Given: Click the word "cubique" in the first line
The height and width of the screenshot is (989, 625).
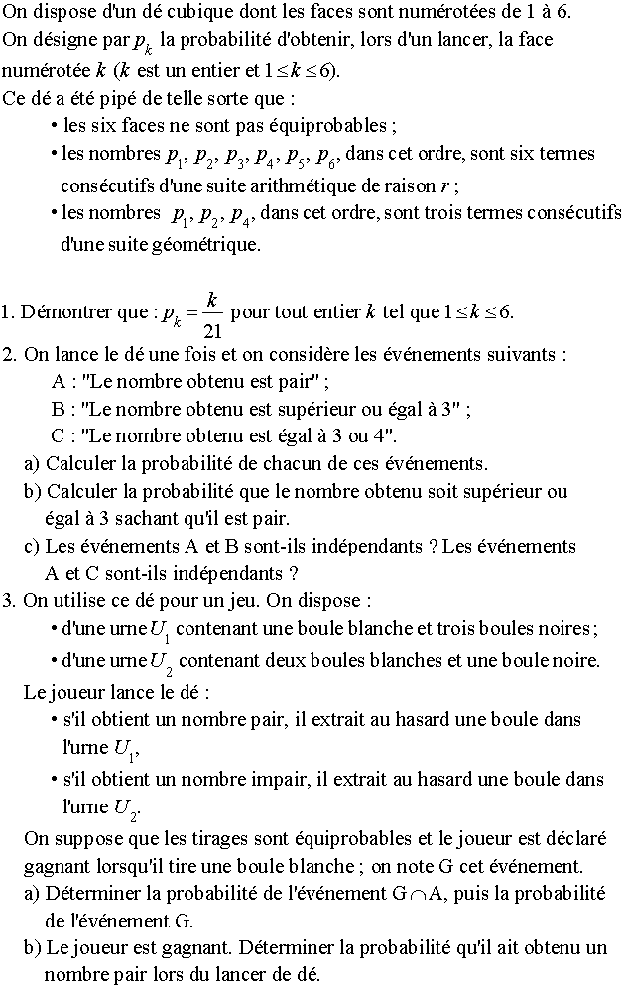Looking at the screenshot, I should (190, 13).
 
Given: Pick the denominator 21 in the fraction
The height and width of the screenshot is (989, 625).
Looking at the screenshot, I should (210, 329).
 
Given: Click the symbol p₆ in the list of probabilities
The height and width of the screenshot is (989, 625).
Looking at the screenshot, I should (328, 155).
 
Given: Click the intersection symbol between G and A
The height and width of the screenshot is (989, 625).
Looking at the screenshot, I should (418, 894).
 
